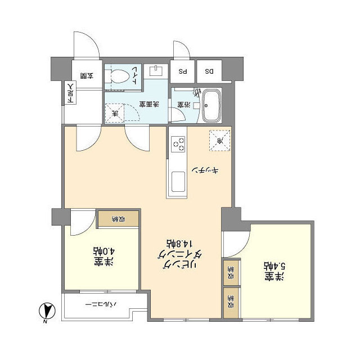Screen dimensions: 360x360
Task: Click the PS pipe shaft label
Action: pyautogui.click(x=183, y=71)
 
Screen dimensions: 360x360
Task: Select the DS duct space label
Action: pyautogui.click(x=209, y=71)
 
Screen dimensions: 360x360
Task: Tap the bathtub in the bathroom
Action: pyautogui.click(x=212, y=105)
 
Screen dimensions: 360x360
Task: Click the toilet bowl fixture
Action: pyautogui.click(x=119, y=76)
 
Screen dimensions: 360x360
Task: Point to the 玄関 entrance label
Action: pyautogui.click(x=87, y=75)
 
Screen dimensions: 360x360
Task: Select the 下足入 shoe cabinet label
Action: pyautogui.click(x=70, y=94)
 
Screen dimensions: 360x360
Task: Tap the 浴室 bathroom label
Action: pyautogui.click(x=184, y=105)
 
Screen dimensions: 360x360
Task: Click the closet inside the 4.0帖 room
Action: pyautogui.click(x=118, y=219)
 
